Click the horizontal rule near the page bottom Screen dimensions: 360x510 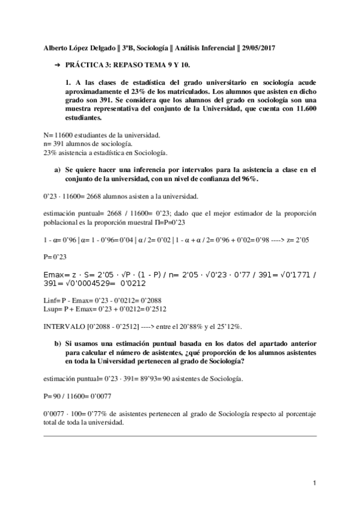[180, 435]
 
